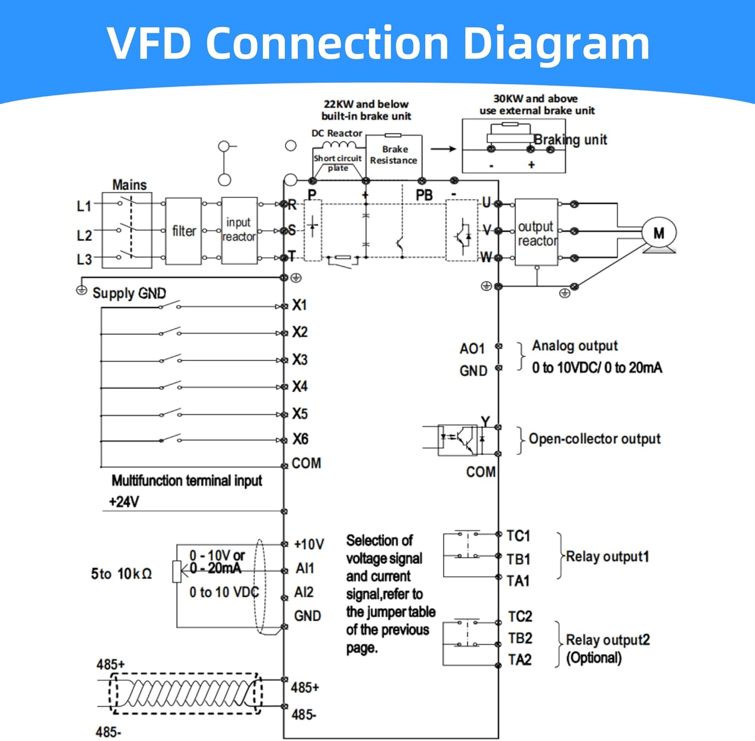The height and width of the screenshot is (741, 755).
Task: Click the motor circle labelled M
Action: tap(658, 233)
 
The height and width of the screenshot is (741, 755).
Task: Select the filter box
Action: tap(183, 231)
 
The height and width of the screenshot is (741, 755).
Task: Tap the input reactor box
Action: tap(239, 230)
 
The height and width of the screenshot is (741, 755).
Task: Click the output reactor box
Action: tap(537, 232)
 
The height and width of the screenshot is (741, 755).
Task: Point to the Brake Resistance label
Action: tap(394, 155)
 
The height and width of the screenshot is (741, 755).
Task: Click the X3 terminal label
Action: tap(300, 360)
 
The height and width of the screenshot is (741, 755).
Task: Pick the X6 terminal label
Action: tap(300, 439)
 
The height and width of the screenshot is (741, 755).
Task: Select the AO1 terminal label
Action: tap(472, 349)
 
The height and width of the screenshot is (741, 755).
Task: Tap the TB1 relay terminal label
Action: tap(518, 559)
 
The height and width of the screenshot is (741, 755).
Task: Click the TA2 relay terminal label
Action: tap(519, 660)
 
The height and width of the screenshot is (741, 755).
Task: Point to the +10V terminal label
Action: tap(309, 544)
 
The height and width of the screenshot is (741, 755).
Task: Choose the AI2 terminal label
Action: tap(304, 592)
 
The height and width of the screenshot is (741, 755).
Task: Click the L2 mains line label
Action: tap(84, 235)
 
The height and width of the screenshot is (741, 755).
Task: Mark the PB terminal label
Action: tap(424, 195)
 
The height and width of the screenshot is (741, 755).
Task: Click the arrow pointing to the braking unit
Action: tap(443, 149)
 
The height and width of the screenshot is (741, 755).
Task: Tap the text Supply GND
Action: tap(129, 293)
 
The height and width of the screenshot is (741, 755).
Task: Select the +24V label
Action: tap(124, 502)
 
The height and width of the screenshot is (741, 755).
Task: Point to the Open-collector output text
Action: tap(594, 439)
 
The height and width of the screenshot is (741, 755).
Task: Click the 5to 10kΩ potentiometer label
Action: tap(121, 574)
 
